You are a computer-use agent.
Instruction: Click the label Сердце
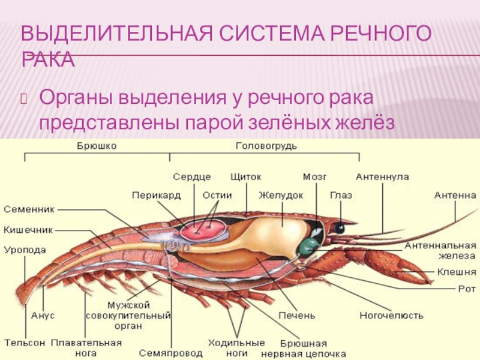(192, 176)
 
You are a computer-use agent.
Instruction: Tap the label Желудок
(281, 196)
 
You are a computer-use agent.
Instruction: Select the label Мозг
(314, 176)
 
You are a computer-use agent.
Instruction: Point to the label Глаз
(341, 196)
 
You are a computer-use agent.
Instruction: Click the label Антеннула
(382, 176)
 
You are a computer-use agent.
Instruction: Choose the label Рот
(466, 288)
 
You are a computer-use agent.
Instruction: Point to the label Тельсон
(25, 343)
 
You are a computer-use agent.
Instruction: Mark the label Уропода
(25, 250)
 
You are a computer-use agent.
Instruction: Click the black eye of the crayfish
(340, 228)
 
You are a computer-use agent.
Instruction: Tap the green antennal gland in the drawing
(309, 245)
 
